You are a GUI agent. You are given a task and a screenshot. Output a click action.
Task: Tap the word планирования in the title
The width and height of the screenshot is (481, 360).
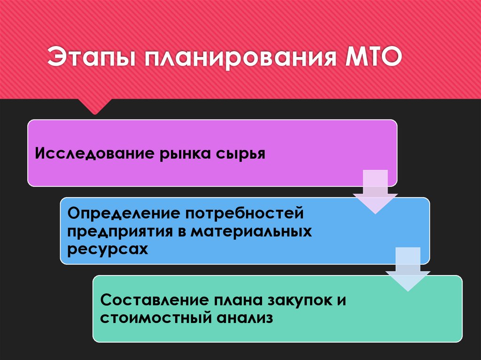[234, 59]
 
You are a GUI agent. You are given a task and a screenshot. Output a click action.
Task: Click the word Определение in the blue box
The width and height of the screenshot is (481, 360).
[123, 214]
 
